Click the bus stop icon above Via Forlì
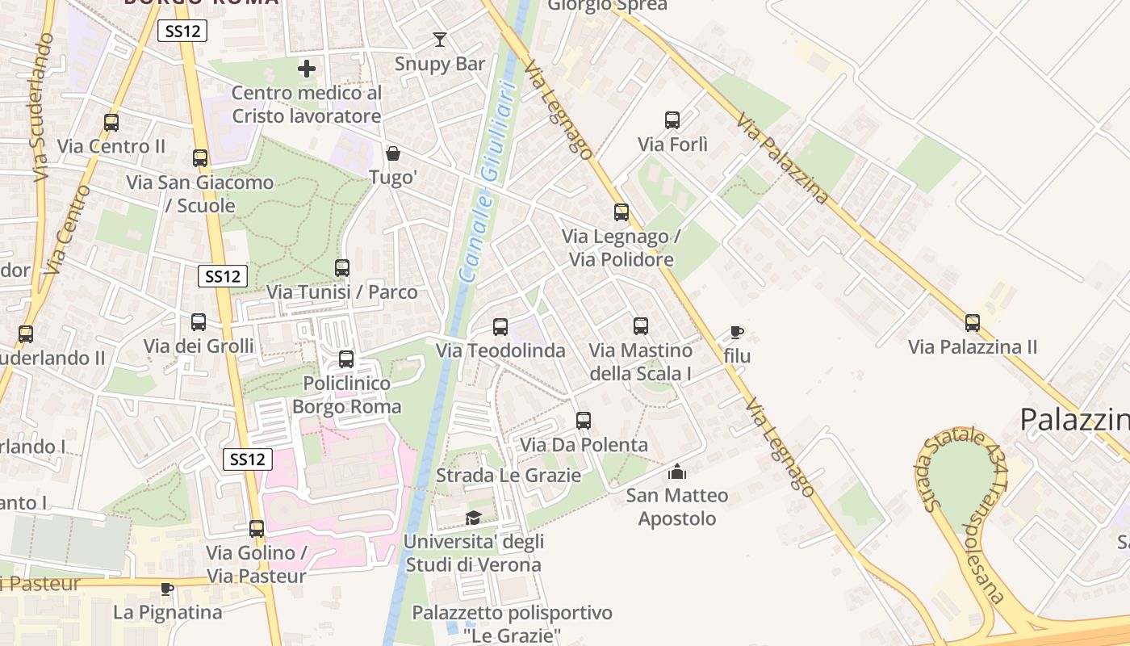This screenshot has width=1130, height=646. pyautogui.click(x=672, y=120)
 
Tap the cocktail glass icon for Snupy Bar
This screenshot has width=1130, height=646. pyautogui.click(x=440, y=39)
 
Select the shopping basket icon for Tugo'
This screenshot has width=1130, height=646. pyautogui.click(x=393, y=153)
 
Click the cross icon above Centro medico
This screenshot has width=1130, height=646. pyautogui.click(x=307, y=69)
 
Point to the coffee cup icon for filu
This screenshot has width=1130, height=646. pyautogui.click(x=736, y=332)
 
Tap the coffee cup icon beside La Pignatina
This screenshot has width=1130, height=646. pyautogui.click(x=167, y=588)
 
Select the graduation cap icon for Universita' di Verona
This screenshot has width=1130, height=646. pyautogui.click(x=473, y=517)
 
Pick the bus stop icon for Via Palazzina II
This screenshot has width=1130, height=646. pyautogui.click(x=973, y=323)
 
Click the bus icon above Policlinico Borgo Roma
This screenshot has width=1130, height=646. pyautogui.click(x=346, y=359)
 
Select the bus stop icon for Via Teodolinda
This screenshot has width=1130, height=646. pyautogui.click(x=500, y=326)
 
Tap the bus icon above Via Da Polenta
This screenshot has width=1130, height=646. pyautogui.click(x=584, y=420)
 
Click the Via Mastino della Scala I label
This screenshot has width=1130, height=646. pyautogui.click(x=641, y=362)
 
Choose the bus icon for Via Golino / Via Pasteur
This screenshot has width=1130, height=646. pyautogui.click(x=257, y=529)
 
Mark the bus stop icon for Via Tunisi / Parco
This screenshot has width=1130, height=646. pyautogui.click(x=342, y=267)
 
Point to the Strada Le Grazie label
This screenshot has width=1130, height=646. pyautogui.click(x=508, y=475)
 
